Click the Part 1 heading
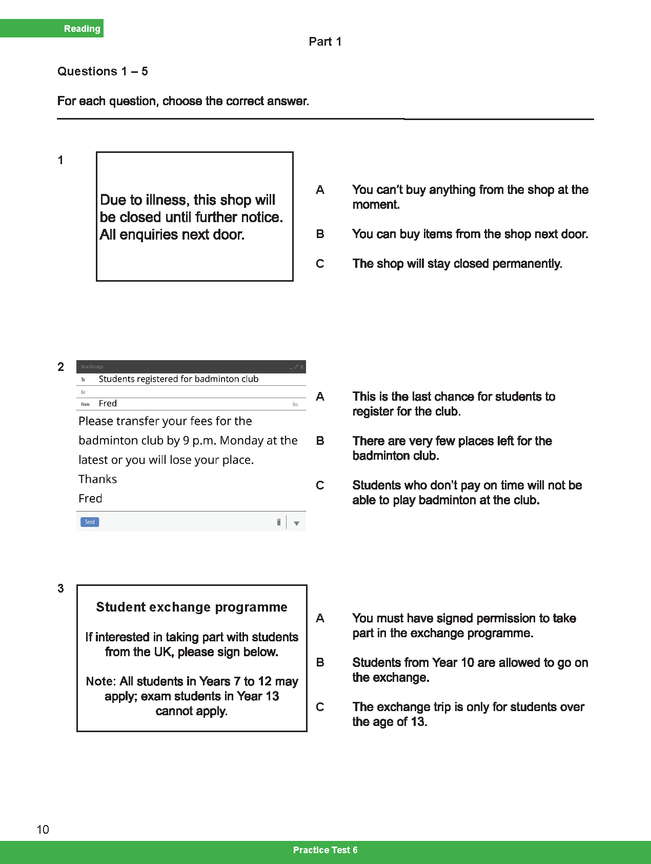pos(325,42)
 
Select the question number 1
pos(60,160)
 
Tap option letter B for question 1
pos(320,234)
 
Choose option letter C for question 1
pos(320,264)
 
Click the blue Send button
pos(90,522)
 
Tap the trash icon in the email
pos(278,522)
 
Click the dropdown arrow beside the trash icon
pos(296,523)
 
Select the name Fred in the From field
pos(108,404)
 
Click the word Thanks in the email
pos(97,479)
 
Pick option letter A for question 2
pos(320,397)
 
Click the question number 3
pos(60,588)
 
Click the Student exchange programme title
pos(192,607)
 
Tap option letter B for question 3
pos(320,662)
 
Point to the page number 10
pos(43,830)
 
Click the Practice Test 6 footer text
pos(325,850)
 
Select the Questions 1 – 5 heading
pos(103,71)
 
